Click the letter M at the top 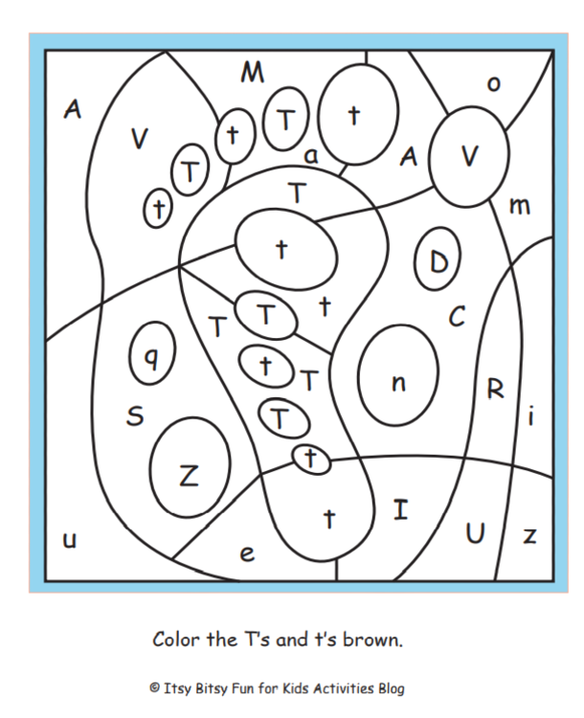pyautogui.click(x=253, y=73)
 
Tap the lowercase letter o pyautogui.click(x=493, y=84)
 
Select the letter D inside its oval pyautogui.click(x=438, y=262)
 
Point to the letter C pyautogui.click(x=457, y=316)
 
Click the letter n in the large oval pyautogui.click(x=398, y=382)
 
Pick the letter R pyautogui.click(x=495, y=390)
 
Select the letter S pyautogui.click(x=135, y=415)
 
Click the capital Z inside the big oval pyautogui.click(x=189, y=475)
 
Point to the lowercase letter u pyautogui.click(x=69, y=540)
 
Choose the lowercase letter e pyautogui.click(x=247, y=553)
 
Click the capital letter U pyautogui.click(x=475, y=533)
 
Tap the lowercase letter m pyautogui.click(x=520, y=207)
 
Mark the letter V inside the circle pyautogui.click(x=469, y=156)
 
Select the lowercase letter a pyautogui.click(x=311, y=156)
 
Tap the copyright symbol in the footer pyautogui.click(x=155, y=687)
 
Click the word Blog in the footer pyautogui.click(x=392, y=688)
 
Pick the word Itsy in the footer pyautogui.click(x=176, y=688)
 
